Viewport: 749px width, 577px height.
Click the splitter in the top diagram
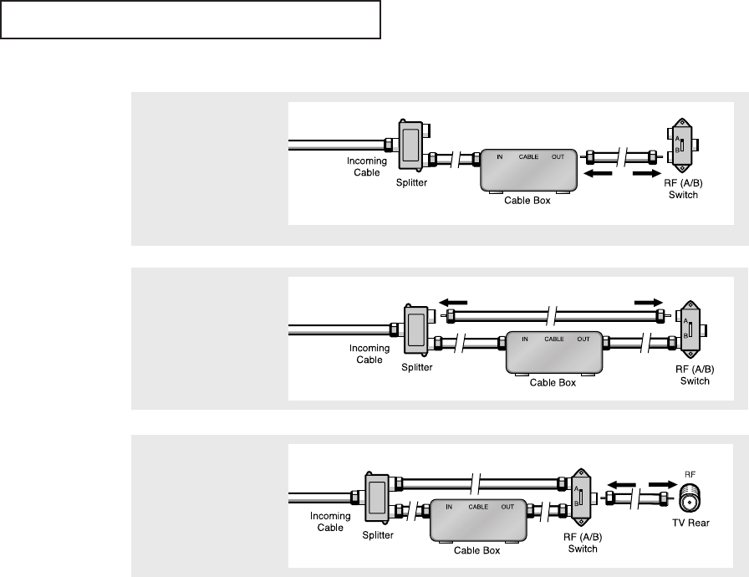[411, 144]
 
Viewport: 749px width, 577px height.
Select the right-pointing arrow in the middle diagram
[649, 303]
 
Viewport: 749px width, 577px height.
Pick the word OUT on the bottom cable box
[507, 506]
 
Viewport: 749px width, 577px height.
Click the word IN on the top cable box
[500, 157]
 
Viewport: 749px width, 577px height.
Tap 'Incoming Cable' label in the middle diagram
[369, 355]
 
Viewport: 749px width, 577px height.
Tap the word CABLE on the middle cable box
[554, 339]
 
